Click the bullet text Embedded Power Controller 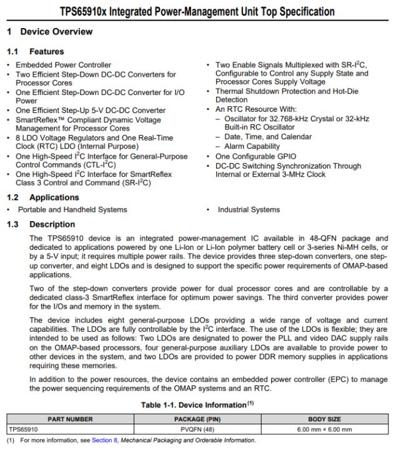pos(63,65)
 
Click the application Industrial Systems pos(249,210)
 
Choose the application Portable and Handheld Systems pos(72,210)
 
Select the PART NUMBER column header pos(70,419)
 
